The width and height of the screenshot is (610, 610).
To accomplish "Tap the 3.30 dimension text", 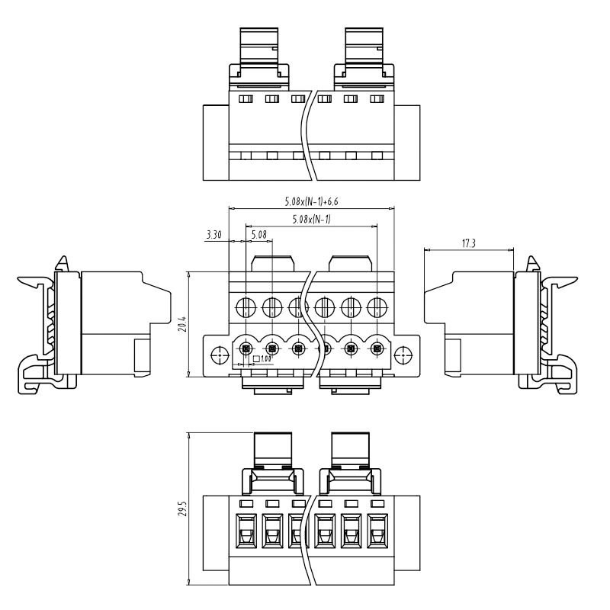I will pos(214,236).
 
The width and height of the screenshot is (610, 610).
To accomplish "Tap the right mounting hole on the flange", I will pos(403,355).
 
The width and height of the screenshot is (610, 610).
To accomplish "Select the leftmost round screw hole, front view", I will pos(246,308).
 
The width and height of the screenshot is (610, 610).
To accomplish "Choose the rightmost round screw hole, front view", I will pos(377,308).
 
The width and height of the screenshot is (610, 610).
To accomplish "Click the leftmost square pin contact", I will pos(246,349).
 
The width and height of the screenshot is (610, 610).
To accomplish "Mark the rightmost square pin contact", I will pos(377,349).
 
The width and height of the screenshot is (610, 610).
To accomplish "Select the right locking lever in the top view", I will pos(363,50).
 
